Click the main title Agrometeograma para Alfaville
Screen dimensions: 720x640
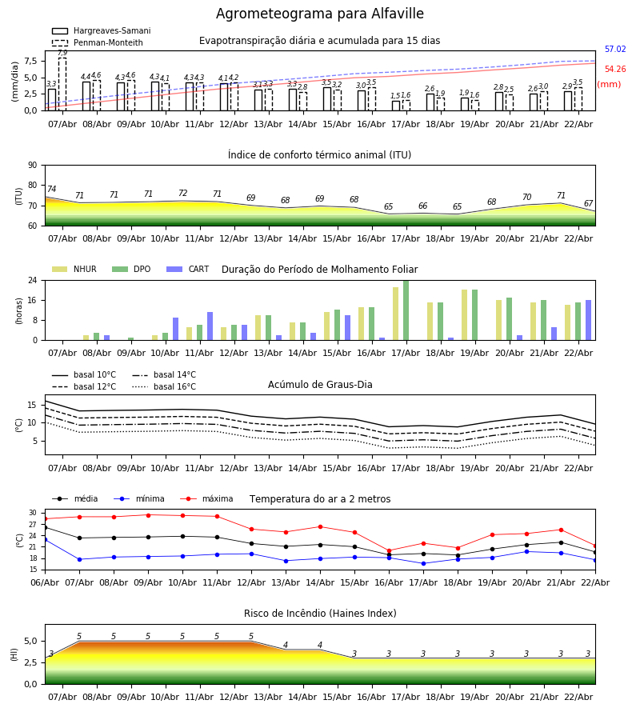pyautogui.click(x=320, y=14)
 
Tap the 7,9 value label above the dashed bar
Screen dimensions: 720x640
pyautogui.click(x=62, y=53)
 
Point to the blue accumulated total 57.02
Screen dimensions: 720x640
pyautogui.click(x=615, y=50)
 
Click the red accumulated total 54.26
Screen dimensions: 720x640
pyautogui.click(x=615, y=70)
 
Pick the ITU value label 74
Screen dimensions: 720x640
pyautogui.click(x=51, y=190)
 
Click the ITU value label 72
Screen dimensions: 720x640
pyautogui.click(x=182, y=194)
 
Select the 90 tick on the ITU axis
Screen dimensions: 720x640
pyautogui.click(x=32, y=166)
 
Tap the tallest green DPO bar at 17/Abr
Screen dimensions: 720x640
pyautogui.click(x=406, y=310)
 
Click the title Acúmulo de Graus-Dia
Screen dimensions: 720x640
pyautogui.click(x=320, y=385)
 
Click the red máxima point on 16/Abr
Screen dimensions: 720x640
pyautogui.click(x=389, y=550)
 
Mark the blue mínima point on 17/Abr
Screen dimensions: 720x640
pyautogui.click(x=423, y=563)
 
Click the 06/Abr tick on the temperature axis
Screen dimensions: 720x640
pyautogui.click(x=45, y=582)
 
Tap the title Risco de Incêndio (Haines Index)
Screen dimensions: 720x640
pyautogui.click(x=320, y=614)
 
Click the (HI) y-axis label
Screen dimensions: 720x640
pyautogui.click(x=14, y=654)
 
